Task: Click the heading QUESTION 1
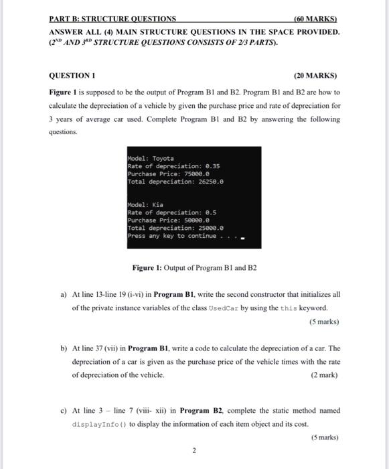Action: click(x=72, y=75)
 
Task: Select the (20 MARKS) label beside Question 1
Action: click(x=315, y=75)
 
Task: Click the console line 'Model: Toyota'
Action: click(x=151, y=159)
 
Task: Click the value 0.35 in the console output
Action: click(x=213, y=166)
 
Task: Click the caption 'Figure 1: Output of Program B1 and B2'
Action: click(x=194, y=268)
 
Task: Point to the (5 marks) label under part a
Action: click(x=323, y=321)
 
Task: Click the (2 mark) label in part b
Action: click(x=324, y=375)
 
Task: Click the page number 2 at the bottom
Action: click(x=194, y=450)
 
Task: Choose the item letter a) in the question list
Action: click(x=64, y=294)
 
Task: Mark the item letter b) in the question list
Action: click(x=64, y=348)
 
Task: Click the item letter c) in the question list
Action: click(x=64, y=410)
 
